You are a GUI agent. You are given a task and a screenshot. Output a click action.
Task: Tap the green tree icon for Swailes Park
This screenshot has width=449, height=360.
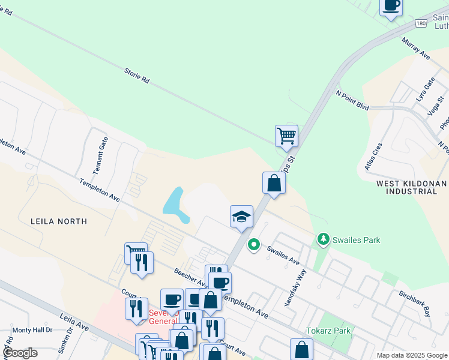324,240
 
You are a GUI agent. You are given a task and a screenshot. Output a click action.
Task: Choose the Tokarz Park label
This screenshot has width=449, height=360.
328,331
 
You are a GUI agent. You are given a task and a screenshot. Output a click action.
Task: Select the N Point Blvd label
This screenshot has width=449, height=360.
352,99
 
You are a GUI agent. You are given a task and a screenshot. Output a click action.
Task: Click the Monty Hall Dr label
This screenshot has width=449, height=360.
32,330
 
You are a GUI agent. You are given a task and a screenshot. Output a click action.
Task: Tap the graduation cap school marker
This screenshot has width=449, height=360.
242,216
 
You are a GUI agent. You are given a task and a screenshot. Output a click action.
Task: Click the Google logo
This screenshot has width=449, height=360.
20,353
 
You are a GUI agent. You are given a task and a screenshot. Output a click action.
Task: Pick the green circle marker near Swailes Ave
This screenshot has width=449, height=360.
254,244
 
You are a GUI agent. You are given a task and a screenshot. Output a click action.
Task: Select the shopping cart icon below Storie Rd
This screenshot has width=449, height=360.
286,135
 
